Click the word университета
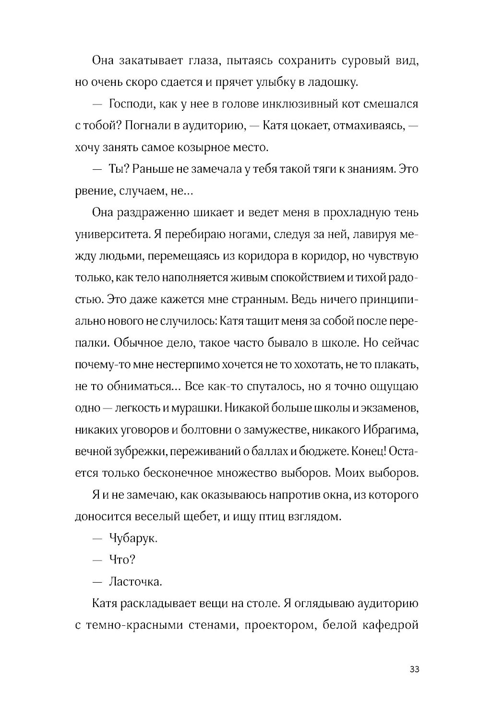(107, 234)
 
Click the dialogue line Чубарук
(134, 538)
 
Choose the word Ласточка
(136, 582)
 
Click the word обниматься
(138, 386)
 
